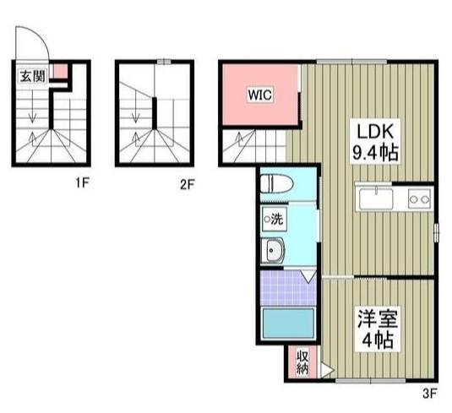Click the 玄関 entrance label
[33, 76]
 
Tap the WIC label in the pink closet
[260, 95]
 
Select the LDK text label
[375, 132]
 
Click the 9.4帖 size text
[375, 152]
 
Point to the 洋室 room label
[378, 318]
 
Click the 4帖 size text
[378, 340]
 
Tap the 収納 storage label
[302, 362]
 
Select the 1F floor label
[83, 182]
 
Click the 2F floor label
[187, 184]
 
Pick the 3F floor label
[430, 394]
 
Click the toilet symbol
[277, 183]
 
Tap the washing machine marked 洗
[274, 219]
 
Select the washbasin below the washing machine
[273, 250]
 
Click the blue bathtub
[288, 323]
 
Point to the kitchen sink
[376, 198]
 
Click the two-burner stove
[420, 199]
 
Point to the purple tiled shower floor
[288, 287]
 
